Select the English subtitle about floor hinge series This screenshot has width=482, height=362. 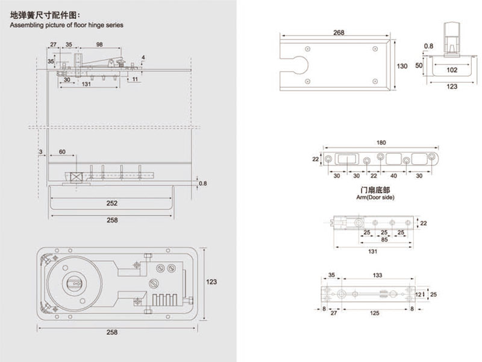[66, 25]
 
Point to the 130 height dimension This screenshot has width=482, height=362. [402, 66]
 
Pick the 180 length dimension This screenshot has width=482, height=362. [380, 143]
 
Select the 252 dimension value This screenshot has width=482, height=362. [111, 203]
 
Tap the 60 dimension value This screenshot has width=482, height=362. [62, 152]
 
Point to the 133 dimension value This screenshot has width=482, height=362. [377, 275]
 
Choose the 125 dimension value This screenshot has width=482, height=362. [375, 314]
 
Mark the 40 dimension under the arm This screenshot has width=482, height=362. [393, 176]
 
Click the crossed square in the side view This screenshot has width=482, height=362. [76, 178]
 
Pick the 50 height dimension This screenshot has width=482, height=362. [419, 65]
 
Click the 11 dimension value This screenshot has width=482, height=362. [136, 79]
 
